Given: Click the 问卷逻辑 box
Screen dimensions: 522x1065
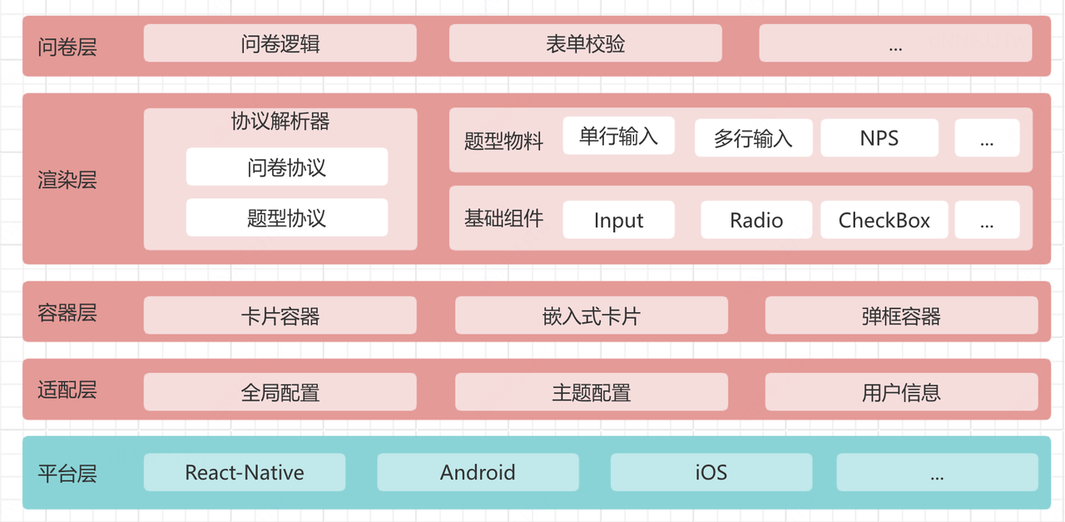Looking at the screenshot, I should (x=280, y=43).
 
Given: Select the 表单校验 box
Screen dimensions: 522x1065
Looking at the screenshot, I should (x=585, y=43).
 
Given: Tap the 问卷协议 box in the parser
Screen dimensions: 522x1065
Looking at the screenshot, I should (x=286, y=167).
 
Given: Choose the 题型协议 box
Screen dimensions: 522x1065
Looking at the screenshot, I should (x=286, y=218).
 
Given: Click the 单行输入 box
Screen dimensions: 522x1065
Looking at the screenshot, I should (x=618, y=137).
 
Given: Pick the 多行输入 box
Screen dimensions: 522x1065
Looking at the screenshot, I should (x=753, y=138).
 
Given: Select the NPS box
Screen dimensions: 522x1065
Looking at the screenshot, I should (x=879, y=138).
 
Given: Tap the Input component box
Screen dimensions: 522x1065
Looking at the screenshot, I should (x=618, y=221).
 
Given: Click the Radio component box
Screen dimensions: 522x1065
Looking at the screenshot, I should (x=756, y=221).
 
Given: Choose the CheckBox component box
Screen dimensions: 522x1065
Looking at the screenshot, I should (x=884, y=221).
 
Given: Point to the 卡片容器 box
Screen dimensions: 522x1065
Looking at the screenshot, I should (x=280, y=316).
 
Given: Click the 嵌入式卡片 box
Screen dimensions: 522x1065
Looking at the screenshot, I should (x=591, y=316).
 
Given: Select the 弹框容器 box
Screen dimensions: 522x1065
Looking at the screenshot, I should (x=901, y=316).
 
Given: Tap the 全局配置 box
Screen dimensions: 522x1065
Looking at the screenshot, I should (x=280, y=392).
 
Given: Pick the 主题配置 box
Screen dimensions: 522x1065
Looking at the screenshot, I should (x=591, y=392).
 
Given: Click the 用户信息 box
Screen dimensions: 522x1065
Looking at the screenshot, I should (x=901, y=392).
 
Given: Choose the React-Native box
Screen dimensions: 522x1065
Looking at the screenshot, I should (x=245, y=473).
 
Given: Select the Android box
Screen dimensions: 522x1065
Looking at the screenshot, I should (x=478, y=473).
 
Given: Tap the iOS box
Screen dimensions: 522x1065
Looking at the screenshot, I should (x=711, y=473).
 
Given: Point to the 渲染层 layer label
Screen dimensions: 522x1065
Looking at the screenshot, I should (x=67, y=179).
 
